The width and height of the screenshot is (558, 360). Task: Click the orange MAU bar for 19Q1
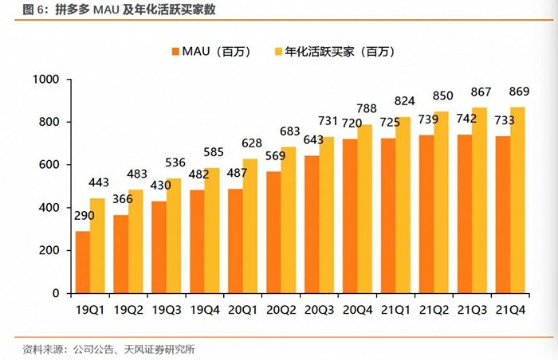pos(82,262)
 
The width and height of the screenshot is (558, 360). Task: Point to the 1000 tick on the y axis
pos(46,80)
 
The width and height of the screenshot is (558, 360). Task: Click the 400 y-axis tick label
pos(49,208)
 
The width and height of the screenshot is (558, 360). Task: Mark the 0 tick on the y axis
pos(57,293)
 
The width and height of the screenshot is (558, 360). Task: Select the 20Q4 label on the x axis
pos(358,308)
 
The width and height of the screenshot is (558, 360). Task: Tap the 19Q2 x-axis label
pos(129,308)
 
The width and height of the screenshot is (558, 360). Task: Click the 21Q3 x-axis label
pos(472,308)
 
